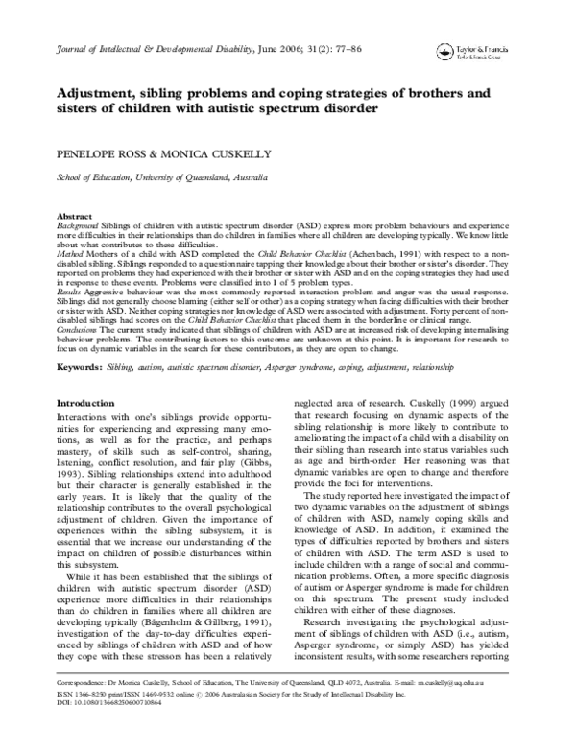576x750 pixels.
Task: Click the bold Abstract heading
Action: [x=75, y=218]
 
